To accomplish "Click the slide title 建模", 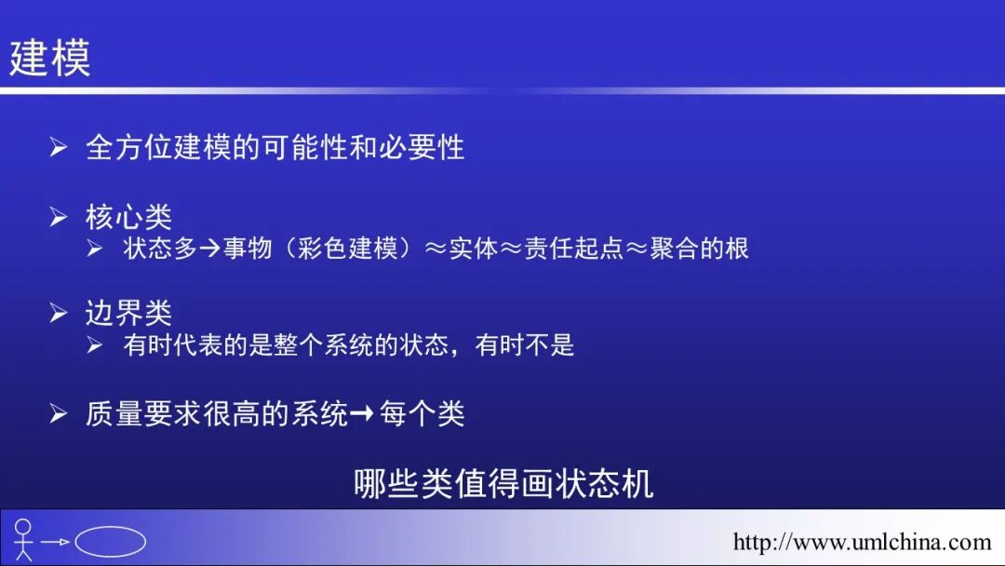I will pyautogui.click(x=50, y=58).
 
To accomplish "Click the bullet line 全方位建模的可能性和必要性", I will pyautogui.click(x=275, y=147).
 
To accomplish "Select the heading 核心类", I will pyautogui.click(x=128, y=217).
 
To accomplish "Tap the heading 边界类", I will pyautogui.click(x=128, y=314).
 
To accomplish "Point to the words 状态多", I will pyautogui.click(x=159, y=249).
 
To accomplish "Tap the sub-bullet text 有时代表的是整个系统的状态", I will pyautogui.click(x=288, y=345).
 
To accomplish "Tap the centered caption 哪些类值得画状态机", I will pyautogui.click(x=503, y=483).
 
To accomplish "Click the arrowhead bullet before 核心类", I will pyautogui.click(x=59, y=218).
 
